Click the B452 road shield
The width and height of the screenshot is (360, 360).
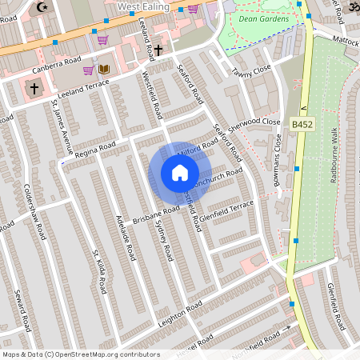(302, 125)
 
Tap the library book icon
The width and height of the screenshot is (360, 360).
(104, 70)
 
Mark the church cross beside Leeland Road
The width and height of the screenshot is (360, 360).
(158, 50)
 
